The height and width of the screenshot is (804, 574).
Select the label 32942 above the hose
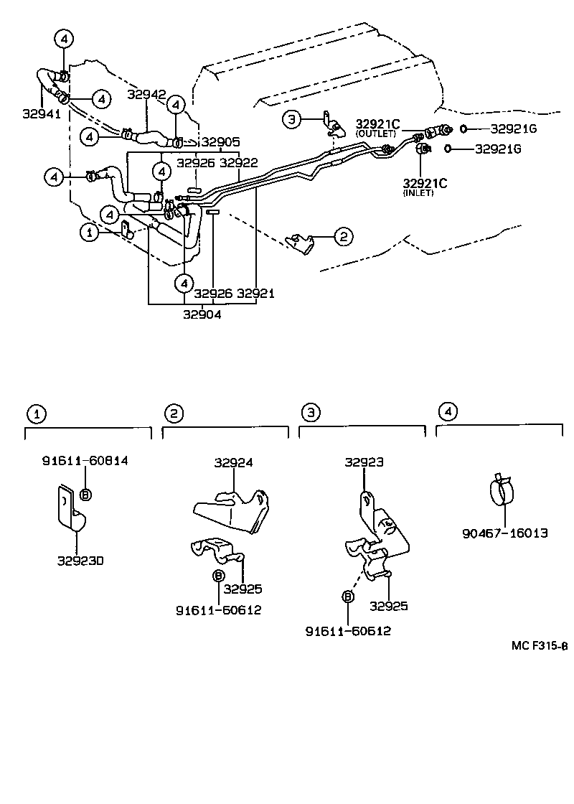tap(146, 95)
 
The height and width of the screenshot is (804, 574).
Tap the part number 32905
tap(220, 142)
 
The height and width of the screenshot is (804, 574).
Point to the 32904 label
tap(202, 314)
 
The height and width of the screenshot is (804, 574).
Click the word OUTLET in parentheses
tap(375, 134)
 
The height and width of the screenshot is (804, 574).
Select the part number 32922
tap(238, 163)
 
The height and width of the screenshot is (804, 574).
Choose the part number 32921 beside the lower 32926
tap(256, 294)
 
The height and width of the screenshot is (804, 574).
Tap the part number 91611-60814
tap(85, 461)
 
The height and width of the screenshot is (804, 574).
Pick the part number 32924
tap(233, 463)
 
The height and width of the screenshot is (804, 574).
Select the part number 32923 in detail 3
tap(364, 463)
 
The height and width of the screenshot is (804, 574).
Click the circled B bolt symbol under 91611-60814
tap(85, 494)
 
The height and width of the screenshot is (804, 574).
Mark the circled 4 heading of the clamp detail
tap(447, 412)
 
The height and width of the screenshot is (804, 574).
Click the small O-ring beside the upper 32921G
tap(464, 128)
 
